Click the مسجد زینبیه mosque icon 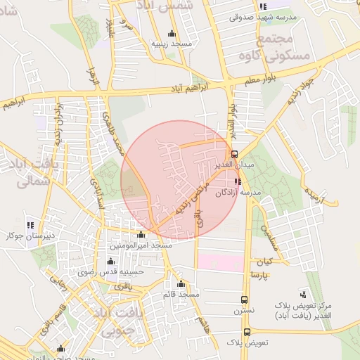tap(172, 33)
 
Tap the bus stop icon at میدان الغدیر tap(234, 153)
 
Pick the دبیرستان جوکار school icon tap(30, 226)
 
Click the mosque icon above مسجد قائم tap(181, 283)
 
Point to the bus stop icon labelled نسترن tap(244, 299)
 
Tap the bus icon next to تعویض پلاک tap(247, 332)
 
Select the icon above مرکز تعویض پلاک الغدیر tap(302, 294)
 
